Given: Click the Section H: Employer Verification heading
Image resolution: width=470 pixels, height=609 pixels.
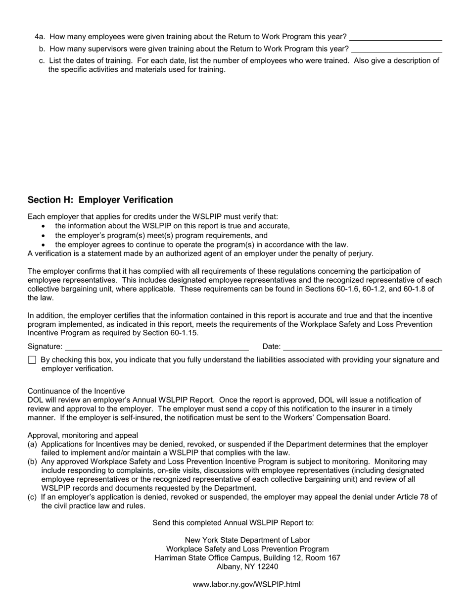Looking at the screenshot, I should tap(100, 200).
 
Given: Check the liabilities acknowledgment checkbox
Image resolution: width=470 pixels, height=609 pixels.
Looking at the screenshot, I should tap(32, 360).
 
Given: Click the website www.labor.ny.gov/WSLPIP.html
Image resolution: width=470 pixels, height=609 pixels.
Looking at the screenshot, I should tap(246, 584).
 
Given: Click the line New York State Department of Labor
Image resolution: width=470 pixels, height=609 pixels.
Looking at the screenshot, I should tap(247, 540).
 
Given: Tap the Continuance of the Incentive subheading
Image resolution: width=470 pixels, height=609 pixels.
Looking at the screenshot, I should tap(76, 391).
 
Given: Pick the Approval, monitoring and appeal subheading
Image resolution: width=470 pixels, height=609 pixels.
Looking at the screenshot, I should tap(83, 436).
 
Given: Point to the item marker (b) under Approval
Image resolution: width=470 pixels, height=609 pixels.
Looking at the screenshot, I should tap(33, 462).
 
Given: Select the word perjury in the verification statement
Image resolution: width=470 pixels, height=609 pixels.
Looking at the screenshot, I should tap(360, 254).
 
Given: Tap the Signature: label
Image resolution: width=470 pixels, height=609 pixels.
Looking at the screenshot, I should tap(45, 347).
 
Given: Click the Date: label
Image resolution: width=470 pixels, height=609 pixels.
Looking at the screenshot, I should tap(272, 347).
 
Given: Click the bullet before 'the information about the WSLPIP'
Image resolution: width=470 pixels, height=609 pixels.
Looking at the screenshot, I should tap(44, 226).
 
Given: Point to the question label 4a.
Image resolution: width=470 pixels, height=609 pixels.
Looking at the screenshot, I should tap(40, 37).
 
